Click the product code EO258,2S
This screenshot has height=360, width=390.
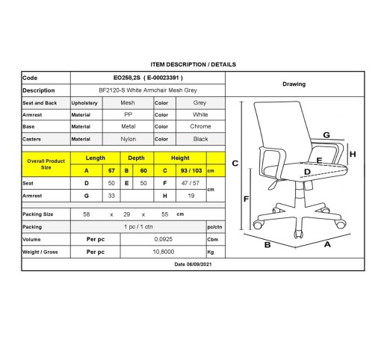pos(127,78)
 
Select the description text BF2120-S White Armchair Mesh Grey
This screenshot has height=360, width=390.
pos(148,90)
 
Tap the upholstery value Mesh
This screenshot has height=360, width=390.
pos(128,103)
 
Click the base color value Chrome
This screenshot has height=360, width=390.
pos(200,126)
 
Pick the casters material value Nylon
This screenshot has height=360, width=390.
pos(129,139)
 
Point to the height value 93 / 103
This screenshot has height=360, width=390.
pos(191,171)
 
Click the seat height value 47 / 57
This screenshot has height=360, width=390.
pos(191,183)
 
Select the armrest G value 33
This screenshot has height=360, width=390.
pos(111,196)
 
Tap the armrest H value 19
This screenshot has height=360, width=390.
pos(191,196)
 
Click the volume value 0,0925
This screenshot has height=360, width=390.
pos(164,239)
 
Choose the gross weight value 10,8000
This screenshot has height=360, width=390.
pos(164,252)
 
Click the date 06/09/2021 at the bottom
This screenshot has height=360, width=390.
pos(199,264)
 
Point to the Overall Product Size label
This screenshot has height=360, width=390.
pos(46,164)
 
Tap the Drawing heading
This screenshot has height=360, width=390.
pos(294,84)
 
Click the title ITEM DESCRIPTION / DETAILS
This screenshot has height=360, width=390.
pos(193,64)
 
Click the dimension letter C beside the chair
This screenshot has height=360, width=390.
pos(235,164)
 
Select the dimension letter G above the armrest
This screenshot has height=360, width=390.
pos(326,135)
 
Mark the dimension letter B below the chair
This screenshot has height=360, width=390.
pos(267,245)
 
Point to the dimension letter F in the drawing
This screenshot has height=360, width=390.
pos(246,199)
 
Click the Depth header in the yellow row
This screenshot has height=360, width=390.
pos(136,158)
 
